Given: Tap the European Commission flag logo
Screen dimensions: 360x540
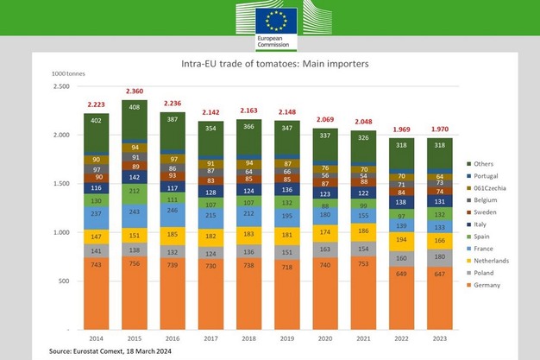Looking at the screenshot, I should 275,23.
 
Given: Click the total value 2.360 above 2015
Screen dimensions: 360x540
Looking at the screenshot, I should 135,91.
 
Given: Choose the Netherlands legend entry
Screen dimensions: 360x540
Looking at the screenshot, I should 493,259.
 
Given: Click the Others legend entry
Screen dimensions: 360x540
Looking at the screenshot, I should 484,163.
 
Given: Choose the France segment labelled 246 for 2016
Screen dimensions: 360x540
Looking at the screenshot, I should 173,210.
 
